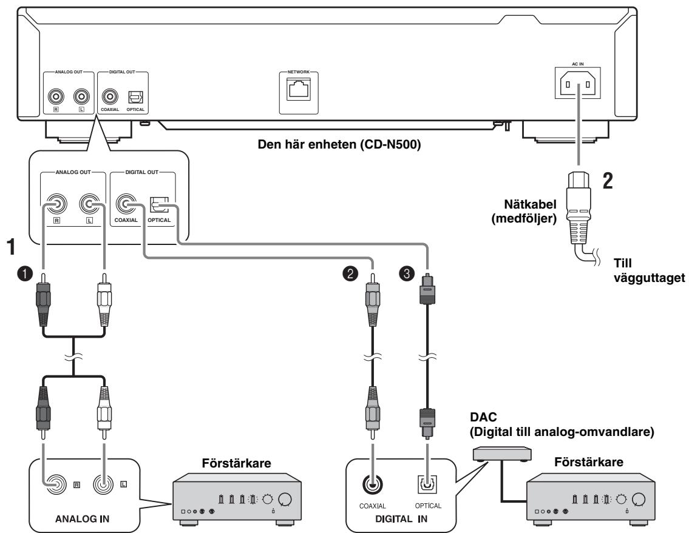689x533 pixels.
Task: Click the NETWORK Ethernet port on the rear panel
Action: (299, 89)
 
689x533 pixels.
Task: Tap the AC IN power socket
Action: (577, 84)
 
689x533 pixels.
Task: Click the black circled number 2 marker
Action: (350, 273)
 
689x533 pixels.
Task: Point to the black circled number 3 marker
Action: (407, 273)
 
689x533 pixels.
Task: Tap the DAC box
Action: (502, 454)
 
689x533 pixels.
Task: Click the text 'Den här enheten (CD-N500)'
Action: (339, 144)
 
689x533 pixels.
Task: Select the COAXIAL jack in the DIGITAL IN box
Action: (373, 484)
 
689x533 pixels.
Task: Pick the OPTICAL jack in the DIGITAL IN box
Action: (427, 484)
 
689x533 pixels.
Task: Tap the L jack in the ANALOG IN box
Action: (104, 484)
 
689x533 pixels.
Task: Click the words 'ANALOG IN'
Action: (82, 519)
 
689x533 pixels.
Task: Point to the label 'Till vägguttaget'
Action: (649, 270)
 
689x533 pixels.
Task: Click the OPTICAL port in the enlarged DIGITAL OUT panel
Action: (159, 204)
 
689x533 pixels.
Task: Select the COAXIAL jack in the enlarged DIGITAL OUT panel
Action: (126, 204)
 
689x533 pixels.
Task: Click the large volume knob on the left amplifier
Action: (285, 500)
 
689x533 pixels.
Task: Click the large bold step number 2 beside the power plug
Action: (608, 181)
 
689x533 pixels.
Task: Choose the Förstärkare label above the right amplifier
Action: (588, 462)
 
